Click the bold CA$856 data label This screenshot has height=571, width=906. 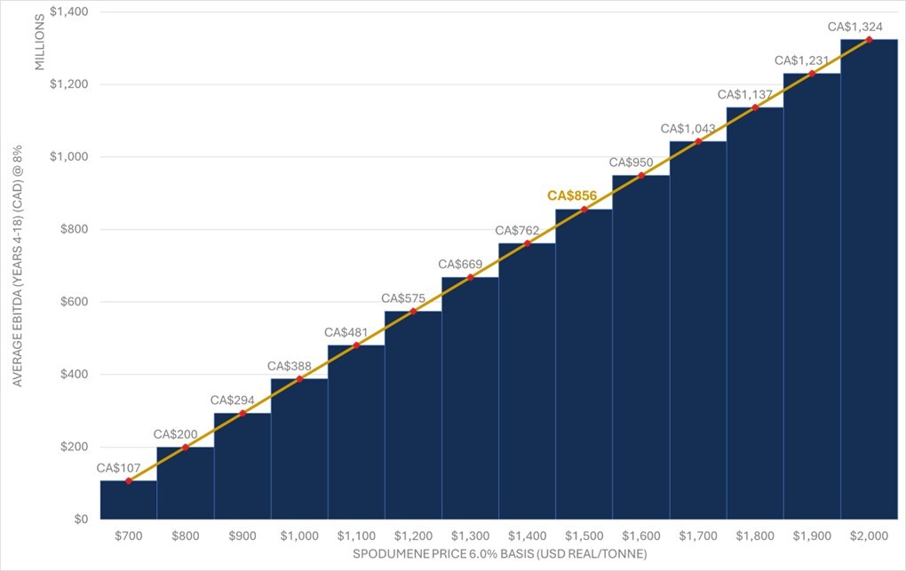[571, 195]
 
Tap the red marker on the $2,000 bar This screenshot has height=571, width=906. [868, 39]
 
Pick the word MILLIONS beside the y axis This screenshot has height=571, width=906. [39, 42]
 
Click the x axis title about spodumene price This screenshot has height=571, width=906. [497, 555]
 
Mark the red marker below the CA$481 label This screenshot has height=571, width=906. [356, 345]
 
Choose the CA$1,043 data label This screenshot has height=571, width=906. [687, 129]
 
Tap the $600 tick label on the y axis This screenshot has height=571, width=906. [60, 302]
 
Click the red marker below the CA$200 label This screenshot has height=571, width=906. [185, 447]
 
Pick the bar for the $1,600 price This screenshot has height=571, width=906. [640, 346]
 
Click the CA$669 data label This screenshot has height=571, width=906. [461, 265]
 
